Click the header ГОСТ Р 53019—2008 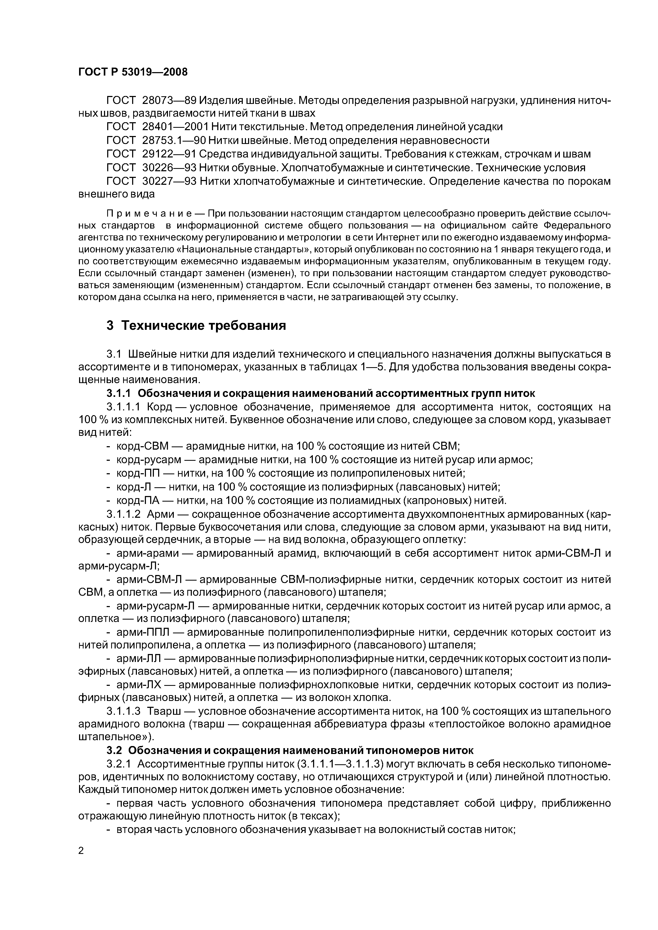(133, 72)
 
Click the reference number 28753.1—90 (174, 141)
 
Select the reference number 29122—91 (170, 154)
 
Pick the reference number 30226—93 (170, 168)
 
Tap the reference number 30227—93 (170, 181)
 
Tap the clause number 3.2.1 (119, 764)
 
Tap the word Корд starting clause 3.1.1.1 (160, 407)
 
